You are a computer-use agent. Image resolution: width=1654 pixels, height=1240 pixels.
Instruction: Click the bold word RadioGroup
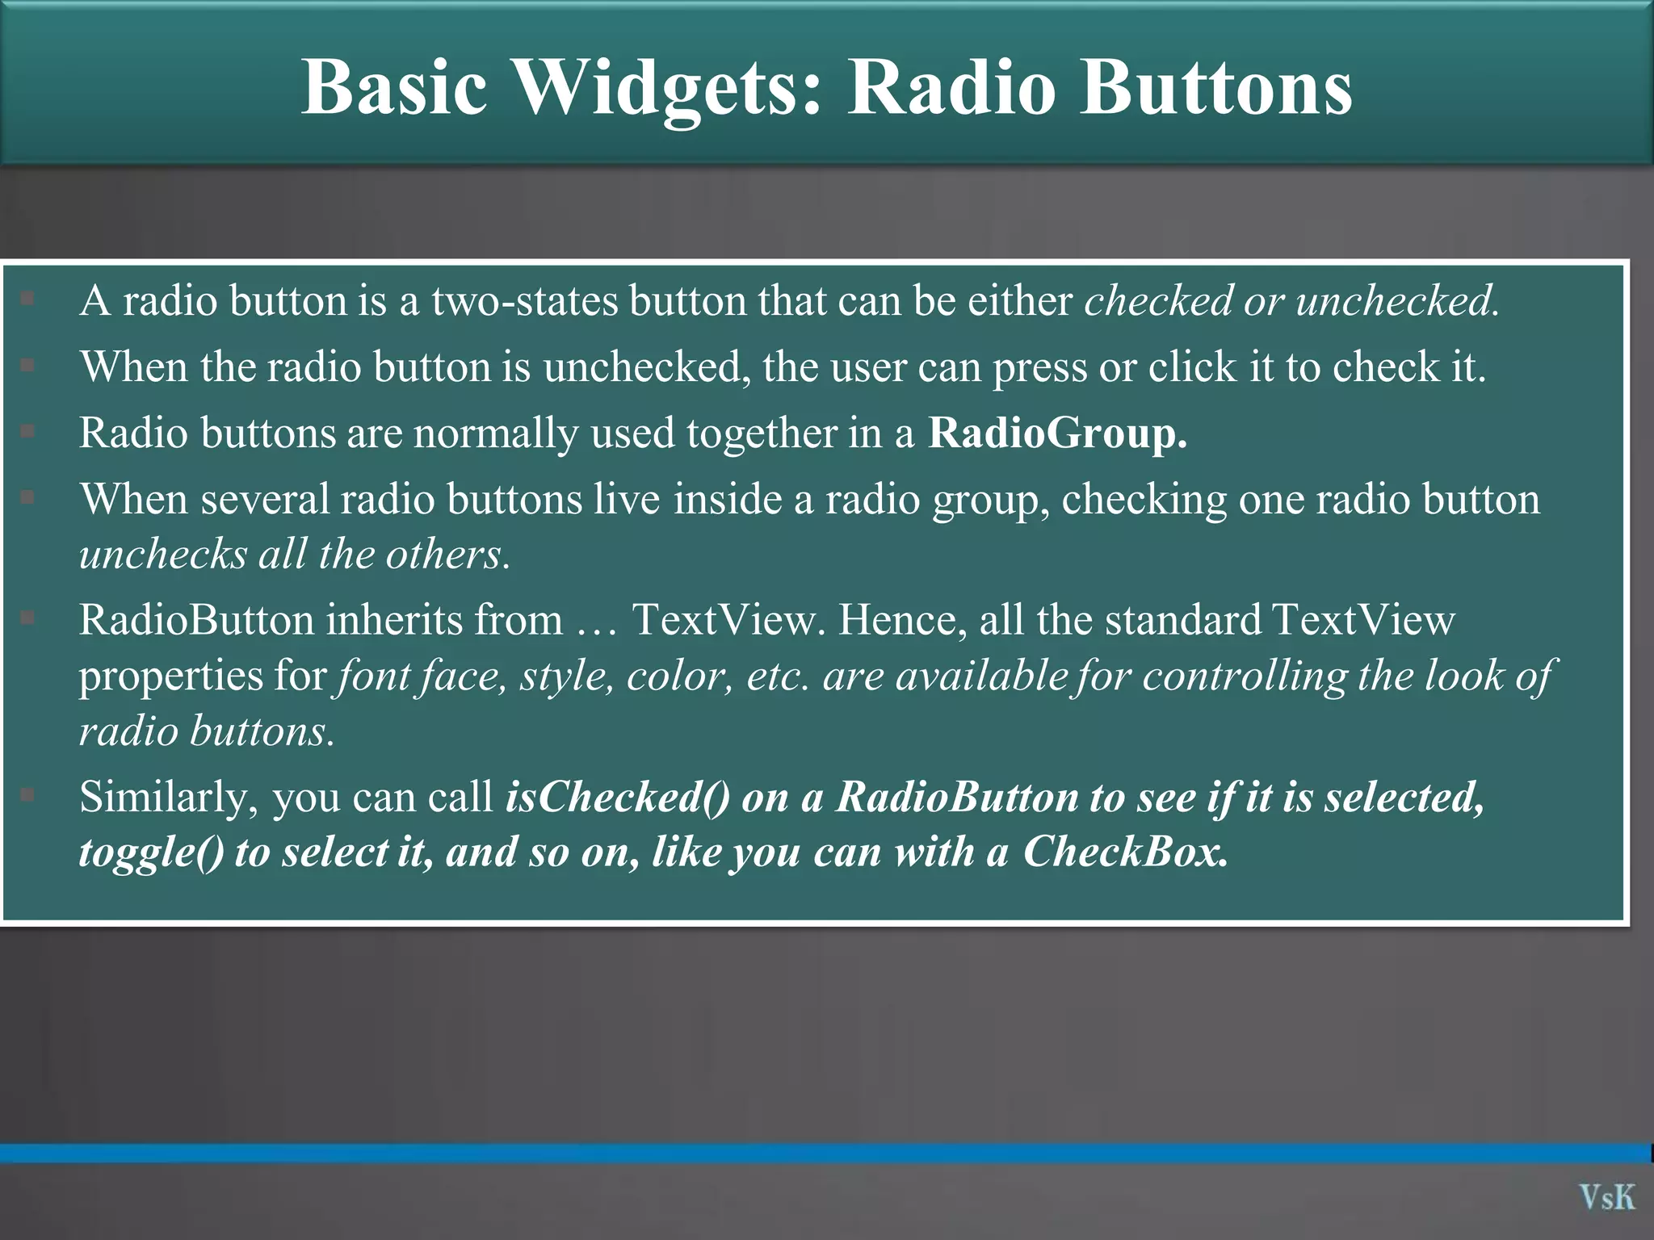[x=1057, y=433]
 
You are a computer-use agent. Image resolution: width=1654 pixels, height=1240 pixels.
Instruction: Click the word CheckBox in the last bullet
[x=1126, y=852]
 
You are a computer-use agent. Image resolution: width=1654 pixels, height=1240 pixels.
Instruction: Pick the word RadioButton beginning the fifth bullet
[x=196, y=620]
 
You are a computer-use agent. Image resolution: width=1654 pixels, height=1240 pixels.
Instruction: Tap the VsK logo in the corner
[x=1607, y=1196]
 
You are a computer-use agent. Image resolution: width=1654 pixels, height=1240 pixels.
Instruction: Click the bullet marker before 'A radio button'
[x=27, y=300]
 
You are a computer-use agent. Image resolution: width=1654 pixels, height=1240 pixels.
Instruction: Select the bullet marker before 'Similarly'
[x=27, y=796]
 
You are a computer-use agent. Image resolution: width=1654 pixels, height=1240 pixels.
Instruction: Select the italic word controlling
[x=1245, y=676]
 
